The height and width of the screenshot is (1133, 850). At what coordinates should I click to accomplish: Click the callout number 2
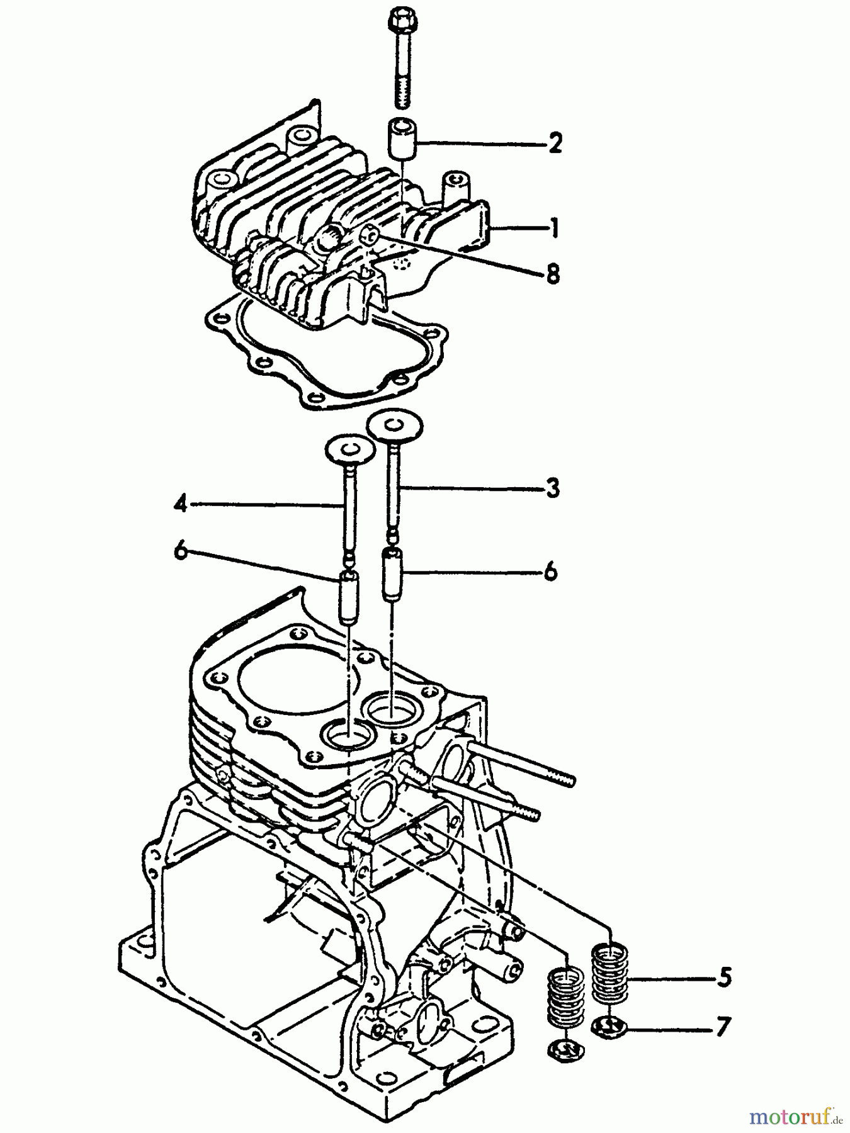(x=555, y=144)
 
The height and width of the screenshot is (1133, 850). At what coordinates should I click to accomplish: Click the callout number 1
(x=554, y=228)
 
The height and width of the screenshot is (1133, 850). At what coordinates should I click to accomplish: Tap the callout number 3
(x=552, y=488)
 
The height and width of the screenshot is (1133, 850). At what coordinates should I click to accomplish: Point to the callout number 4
(x=181, y=504)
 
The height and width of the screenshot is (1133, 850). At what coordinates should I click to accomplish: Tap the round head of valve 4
(x=350, y=449)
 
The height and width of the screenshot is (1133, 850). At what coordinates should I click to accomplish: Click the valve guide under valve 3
(x=392, y=572)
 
